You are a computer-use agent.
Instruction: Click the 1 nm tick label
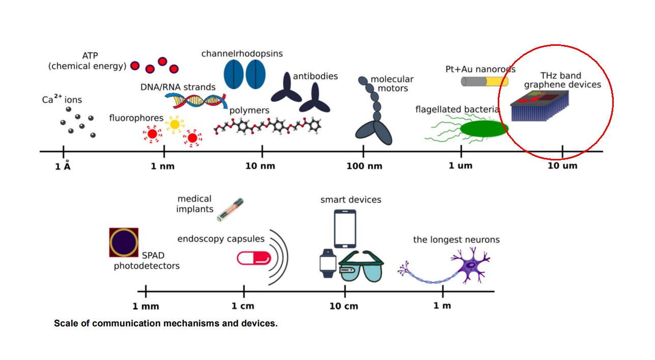(x=162, y=166)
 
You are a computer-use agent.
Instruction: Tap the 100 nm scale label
(x=364, y=166)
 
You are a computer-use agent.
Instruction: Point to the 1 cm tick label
(x=243, y=306)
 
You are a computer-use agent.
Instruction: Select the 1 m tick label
(x=442, y=306)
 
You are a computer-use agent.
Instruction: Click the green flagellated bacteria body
(x=484, y=129)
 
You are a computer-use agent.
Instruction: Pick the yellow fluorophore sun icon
(x=175, y=124)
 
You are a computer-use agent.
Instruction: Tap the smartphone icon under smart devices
(x=345, y=229)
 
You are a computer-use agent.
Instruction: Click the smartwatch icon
(x=328, y=263)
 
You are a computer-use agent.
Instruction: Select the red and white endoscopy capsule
(x=254, y=258)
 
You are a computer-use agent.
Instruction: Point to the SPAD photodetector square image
(x=124, y=242)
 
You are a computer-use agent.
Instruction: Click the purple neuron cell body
(x=471, y=265)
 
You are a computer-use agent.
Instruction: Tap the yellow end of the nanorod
(x=497, y=81)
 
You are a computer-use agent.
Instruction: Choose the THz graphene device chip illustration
(x=539, y=106)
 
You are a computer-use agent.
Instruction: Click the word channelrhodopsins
(x=242, y=54)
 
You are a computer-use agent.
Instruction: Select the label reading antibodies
(x=315, y=76)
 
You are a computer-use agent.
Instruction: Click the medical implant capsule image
(x=230, y=209)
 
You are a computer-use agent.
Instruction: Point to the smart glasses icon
(x=361, y=266)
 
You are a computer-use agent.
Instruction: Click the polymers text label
(x=249, y=110)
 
